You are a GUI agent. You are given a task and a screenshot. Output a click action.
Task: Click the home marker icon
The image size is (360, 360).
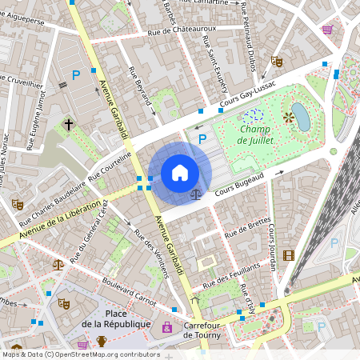180,173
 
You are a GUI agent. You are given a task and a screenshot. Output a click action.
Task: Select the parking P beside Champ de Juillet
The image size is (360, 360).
202,140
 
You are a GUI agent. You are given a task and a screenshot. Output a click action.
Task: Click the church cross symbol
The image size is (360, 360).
69,125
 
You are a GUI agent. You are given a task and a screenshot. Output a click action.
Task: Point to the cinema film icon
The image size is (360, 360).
288,255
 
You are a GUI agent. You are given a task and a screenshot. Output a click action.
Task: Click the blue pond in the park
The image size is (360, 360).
301,115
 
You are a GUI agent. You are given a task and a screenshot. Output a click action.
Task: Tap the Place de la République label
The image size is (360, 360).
116,318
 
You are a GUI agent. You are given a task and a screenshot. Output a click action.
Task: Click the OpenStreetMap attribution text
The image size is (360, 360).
80,354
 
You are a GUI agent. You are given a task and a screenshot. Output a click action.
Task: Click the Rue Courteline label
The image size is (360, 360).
110,166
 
